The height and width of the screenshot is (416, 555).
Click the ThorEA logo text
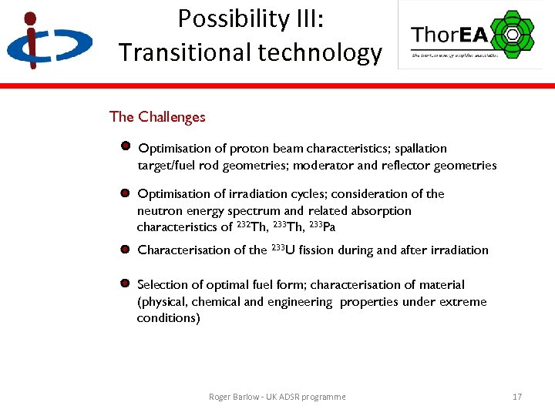(448, 35)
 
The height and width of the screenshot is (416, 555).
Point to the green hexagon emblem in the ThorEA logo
(511, 34)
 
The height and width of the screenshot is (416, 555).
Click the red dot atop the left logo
(30, 18)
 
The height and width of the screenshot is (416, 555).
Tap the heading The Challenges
(157, 117)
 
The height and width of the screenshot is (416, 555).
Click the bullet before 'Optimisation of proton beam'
(125, 146)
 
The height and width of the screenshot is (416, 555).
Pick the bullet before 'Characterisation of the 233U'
(125, 249)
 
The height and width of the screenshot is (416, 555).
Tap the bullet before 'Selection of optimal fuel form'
(125, 283)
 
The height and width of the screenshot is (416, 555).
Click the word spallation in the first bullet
(421, 148)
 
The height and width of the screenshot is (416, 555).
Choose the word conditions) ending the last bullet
(168, 317)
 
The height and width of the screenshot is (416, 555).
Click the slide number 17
(516, 397)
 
